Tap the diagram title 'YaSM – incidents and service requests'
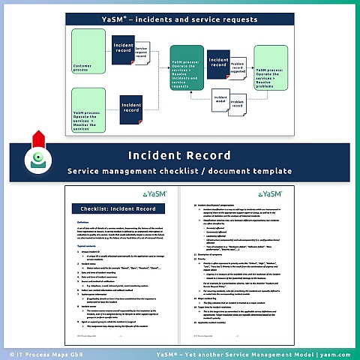coord(179,18)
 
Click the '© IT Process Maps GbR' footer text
coord(39,352)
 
